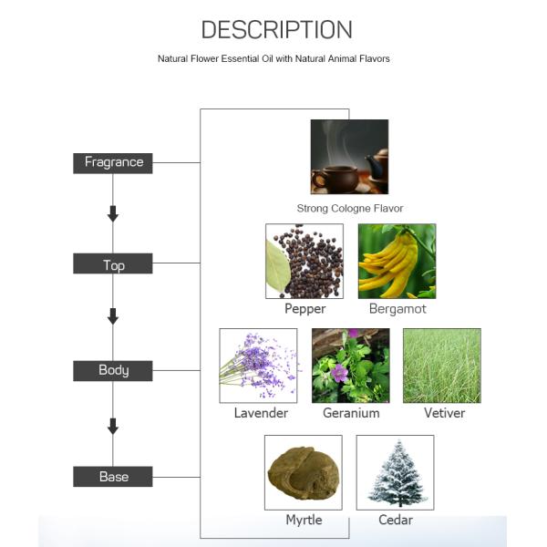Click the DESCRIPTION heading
pyautogui.click(x=276, y=30)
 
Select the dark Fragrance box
pyautogui.click(x=113, y=163)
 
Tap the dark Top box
pyautogui.click(x=113, y=263)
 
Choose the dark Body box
pyautogui.click(x=113, y=371)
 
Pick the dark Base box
pyautogui.click(x=113, y=477)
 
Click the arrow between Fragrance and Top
pyautogui.click(x=113, y=213)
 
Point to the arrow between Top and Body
pyautogui.click(x=113, y=316)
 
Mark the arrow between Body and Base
pyautogui.click(x=113, y=427)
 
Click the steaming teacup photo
pyautogui.click(x=349, y=157)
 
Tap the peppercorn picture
pyautogui.click(x=304, y=261)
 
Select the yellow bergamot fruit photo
pyautogui.click(x=397, y=261)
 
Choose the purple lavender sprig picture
pyautogui.click(x=258, y=366)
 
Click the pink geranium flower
pyautogui.click(x=339, y=373)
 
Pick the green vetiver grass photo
pyautogui.click(x=442, y=366)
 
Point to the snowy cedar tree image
pyautogui.click(x=395, y=472)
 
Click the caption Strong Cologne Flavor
pyautogui.click(x=350, y=209)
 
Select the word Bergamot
pyautogui.click(x=397, y=309)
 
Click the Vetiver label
pyautogui.click(x=445, y=413)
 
